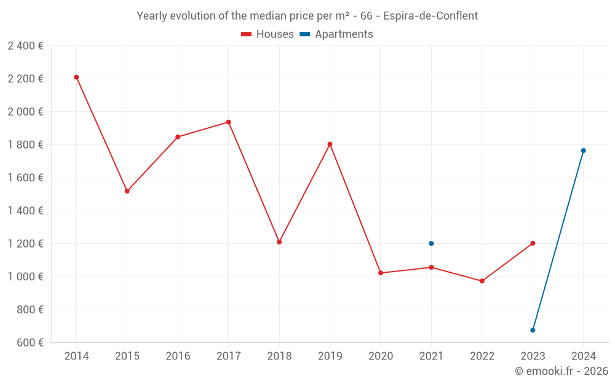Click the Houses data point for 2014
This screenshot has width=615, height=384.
click(76, 77)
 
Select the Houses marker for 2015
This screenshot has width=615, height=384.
click(127, 191)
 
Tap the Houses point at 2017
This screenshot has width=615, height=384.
click(228, 122)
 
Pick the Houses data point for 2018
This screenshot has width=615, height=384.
click(279, 242)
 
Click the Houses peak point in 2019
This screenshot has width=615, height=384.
click(330, 144)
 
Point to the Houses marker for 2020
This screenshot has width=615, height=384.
click(381, 273)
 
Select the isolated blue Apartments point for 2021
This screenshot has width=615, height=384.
click(431, 243)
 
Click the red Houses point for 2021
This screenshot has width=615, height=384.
click(431, 267)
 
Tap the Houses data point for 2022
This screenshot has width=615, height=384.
click(482, 281)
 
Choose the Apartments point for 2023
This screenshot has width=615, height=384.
click(533, 330)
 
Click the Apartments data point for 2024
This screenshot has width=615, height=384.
click(584, 151)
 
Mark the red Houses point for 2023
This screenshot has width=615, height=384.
click(533, 243)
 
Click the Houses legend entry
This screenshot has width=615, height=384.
click(268, 34)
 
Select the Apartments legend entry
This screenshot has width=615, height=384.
click(336, 34)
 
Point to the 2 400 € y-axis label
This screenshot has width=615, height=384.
click(25, 46)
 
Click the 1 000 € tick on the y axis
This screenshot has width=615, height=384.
click(25, 277)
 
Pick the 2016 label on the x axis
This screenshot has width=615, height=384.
click(178, 356)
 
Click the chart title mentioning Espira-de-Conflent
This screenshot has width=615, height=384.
click(307, 16)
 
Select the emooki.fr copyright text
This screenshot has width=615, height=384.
click(561, 371)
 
